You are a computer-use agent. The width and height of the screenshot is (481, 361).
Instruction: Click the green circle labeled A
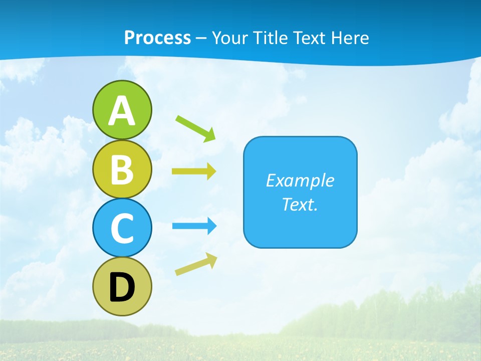tap(122, 110)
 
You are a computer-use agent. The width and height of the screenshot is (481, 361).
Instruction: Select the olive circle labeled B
tap(122, 169)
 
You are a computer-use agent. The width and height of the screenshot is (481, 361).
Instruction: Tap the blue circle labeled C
tap(122, 228)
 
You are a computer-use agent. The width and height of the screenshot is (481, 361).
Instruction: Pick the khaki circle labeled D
tap(122, 286)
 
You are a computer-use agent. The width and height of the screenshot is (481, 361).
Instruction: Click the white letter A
tap(122, 111)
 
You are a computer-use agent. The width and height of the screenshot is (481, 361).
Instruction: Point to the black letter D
tap(122, 288)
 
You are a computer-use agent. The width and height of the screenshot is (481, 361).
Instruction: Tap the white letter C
tap(122, 229)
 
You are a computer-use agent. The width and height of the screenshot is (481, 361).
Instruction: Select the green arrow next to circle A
tap(196, 128)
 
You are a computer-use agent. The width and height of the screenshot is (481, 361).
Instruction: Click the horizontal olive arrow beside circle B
tap(194, 171)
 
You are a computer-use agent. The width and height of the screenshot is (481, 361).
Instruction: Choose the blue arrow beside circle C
tap(194, 226)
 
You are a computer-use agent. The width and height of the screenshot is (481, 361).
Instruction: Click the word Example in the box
tap(300, 180)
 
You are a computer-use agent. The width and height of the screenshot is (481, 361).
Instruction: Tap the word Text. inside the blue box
tap(300, 204)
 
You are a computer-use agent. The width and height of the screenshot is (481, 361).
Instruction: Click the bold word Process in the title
tap(157, 38)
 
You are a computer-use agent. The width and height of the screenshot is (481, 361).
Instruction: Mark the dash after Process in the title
tap(201, 39)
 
